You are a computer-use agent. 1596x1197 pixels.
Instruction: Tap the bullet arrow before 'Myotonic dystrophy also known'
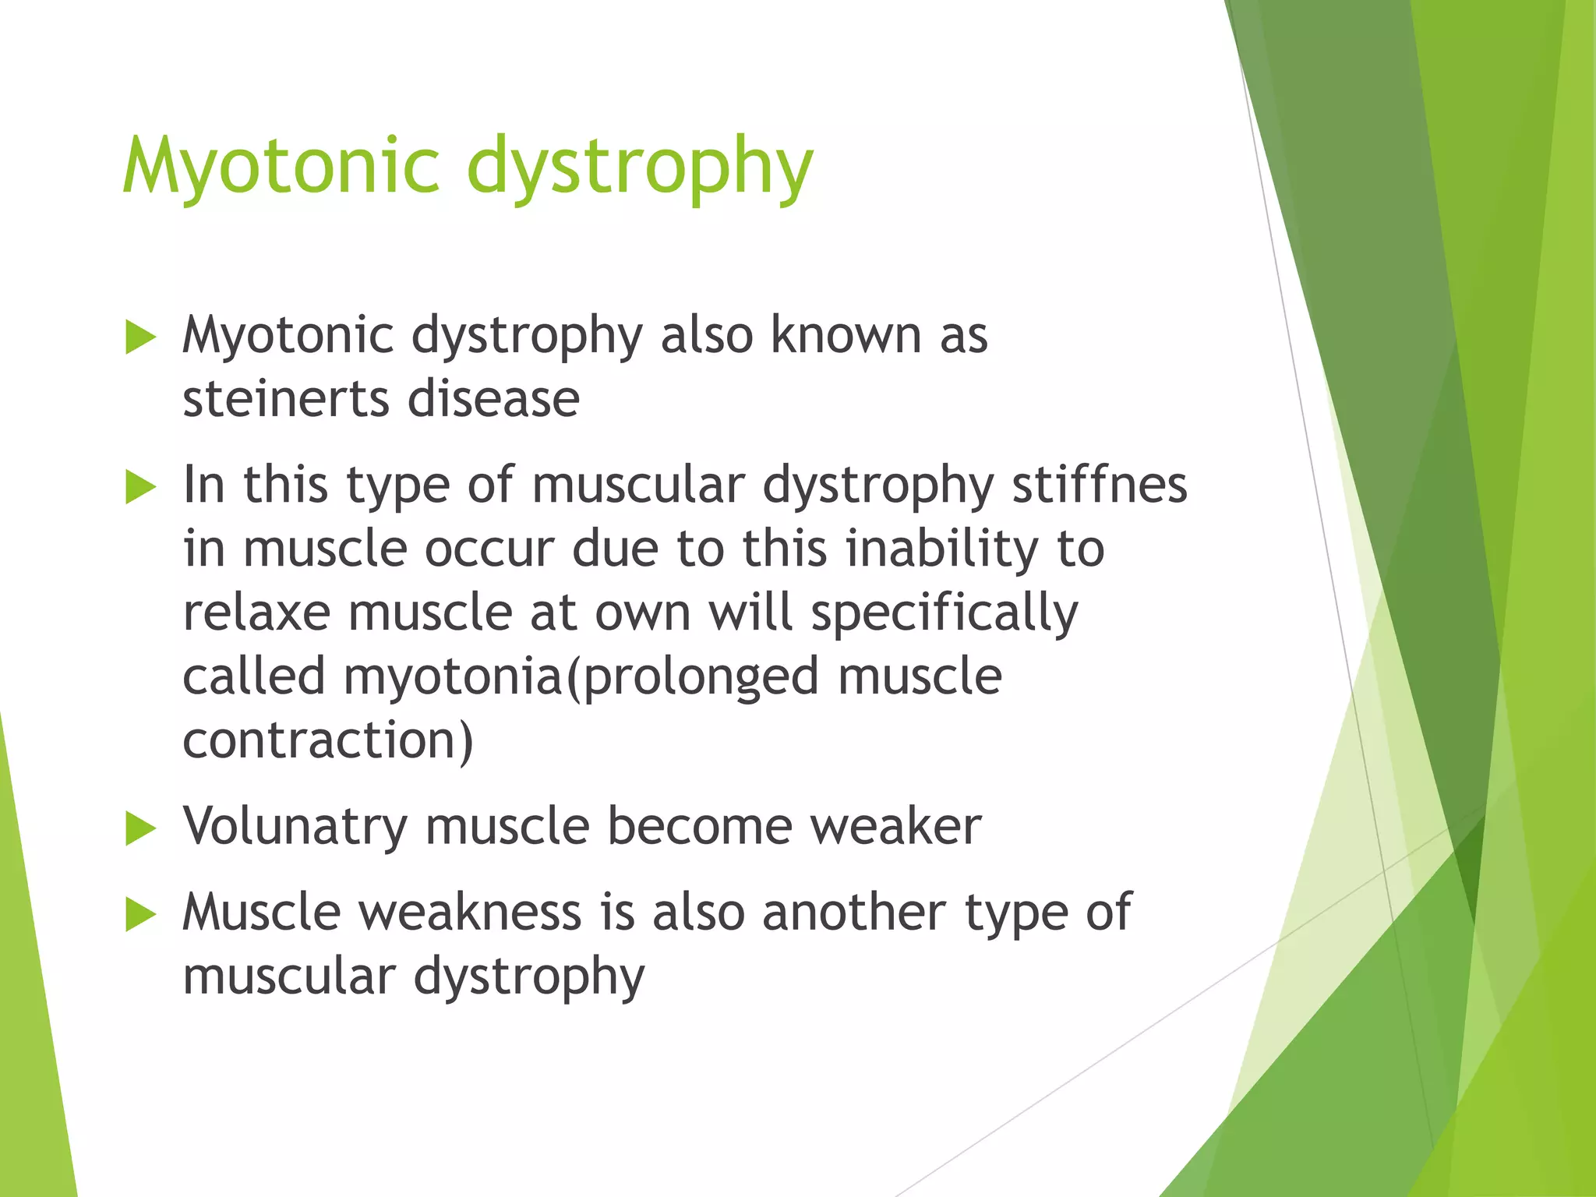click(x=141, y=338)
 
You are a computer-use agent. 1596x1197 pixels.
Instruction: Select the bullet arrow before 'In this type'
click(x=141, y=488)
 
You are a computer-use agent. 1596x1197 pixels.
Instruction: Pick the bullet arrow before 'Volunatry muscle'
click(x=141, y=828)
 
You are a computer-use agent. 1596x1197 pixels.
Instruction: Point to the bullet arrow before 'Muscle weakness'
click(x=141, y=915)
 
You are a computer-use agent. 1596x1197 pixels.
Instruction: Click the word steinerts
click(x=285, y=399)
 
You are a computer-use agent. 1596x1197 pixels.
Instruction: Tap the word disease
click(x=493, y=399)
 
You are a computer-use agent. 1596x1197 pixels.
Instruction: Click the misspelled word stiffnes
click(x=1099, y=485)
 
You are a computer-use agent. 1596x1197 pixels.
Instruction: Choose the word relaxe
click(x=256, y=613)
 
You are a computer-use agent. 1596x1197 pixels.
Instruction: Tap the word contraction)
click(x=328, y=740)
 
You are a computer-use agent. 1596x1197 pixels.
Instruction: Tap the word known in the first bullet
click(x=846, y=335)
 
